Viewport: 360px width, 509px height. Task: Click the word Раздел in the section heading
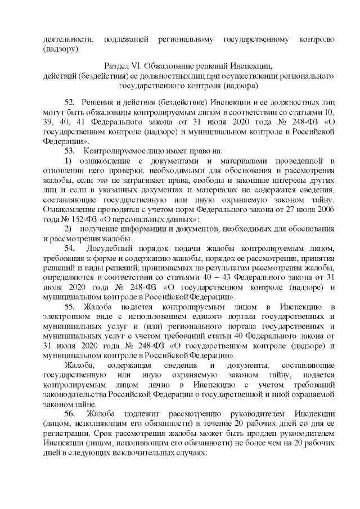tap(116, 66)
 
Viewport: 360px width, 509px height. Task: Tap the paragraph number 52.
tap(70, 102)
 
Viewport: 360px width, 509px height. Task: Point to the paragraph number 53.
tap(70, 151)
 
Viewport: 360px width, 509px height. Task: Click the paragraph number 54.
tap(70, 249)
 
